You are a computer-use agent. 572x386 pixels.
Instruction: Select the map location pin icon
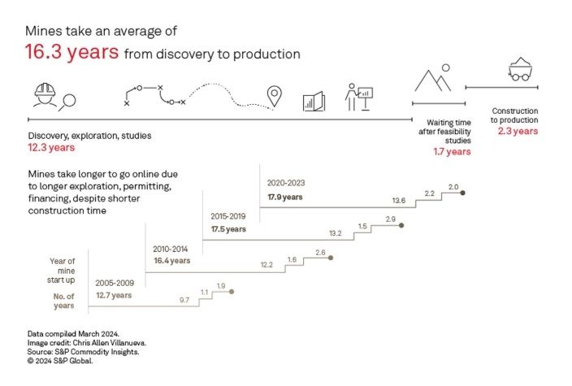coord(275,97)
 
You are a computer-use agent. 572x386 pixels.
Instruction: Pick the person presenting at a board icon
coord(357,96)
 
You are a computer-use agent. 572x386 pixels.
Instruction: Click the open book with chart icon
coord(314,100)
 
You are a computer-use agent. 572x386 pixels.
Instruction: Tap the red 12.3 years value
coord(50,148)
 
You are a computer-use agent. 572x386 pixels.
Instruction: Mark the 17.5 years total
coord(227,229)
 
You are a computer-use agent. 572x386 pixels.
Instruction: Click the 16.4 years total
coord(171,261)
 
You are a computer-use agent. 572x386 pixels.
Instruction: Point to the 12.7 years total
coord(113,295)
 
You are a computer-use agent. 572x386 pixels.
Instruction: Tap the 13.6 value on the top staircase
coord(398,200)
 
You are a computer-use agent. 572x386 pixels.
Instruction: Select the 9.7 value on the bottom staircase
coord(184,300)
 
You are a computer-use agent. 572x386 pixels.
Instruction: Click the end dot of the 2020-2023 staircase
coord(462,193)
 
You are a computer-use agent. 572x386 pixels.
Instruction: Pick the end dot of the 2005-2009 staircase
coord(232,292)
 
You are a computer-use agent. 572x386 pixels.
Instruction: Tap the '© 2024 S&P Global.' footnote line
coord(58,360)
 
